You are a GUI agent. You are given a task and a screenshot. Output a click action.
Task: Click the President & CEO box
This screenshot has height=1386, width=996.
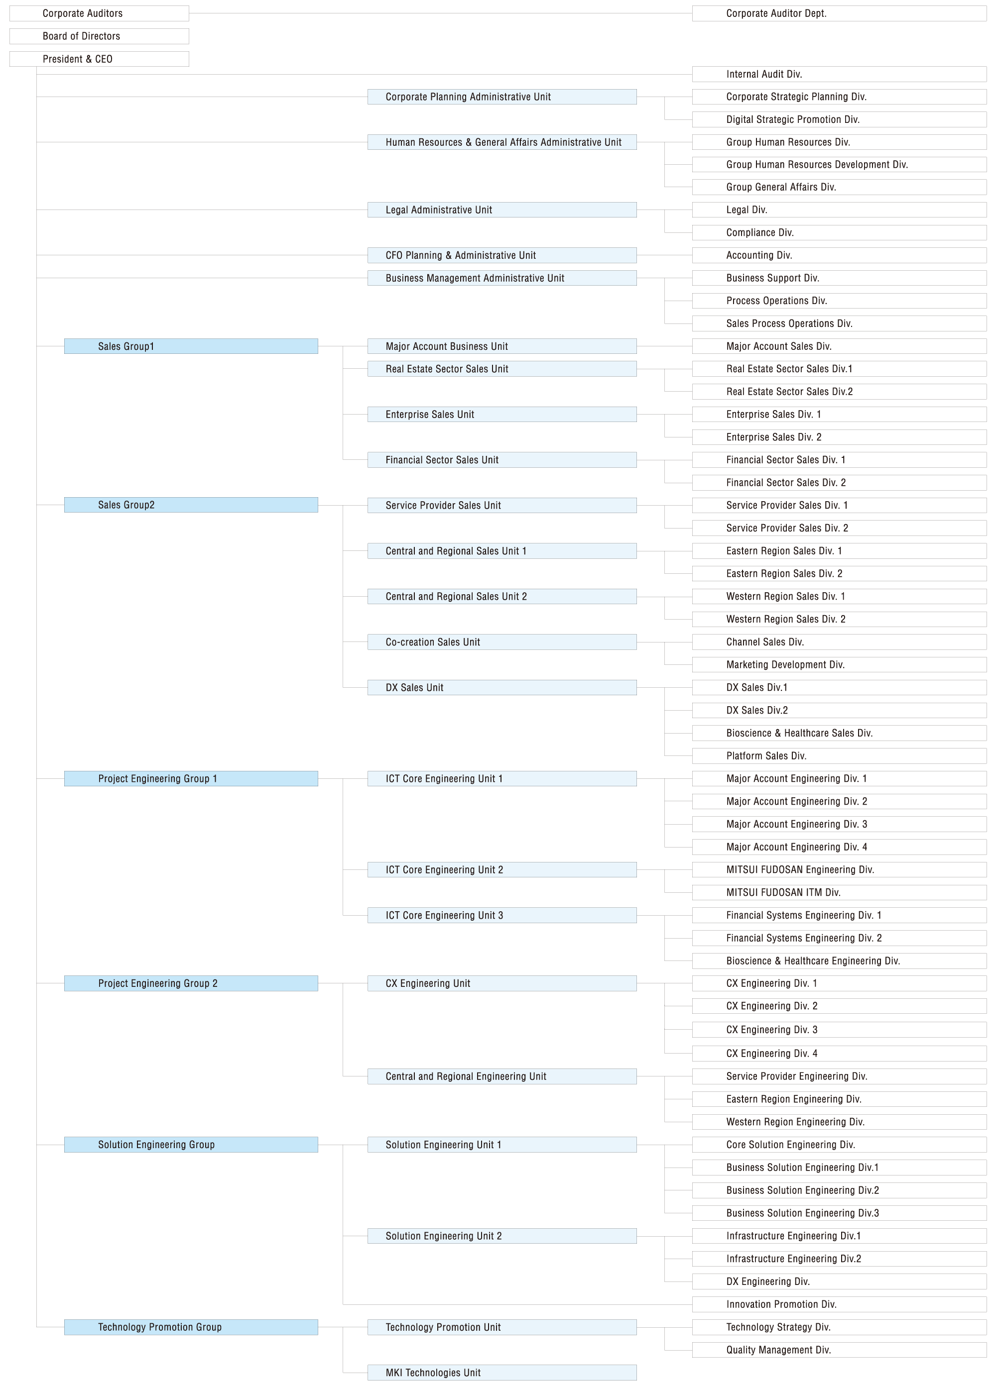99,59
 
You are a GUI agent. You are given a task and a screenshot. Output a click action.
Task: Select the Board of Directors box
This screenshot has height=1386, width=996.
99,36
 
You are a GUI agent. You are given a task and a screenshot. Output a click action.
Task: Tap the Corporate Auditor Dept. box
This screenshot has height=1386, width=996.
839,13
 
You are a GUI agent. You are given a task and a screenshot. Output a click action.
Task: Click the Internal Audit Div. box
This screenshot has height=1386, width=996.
839,74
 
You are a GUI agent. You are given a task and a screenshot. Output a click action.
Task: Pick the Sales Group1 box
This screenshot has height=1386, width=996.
191,346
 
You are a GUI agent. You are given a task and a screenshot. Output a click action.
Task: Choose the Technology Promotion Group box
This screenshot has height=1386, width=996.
191,1327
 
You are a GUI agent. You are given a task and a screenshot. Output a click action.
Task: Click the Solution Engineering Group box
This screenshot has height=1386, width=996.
191,1145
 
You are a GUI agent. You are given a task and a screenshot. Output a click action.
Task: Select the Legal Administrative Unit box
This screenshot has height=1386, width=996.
502,210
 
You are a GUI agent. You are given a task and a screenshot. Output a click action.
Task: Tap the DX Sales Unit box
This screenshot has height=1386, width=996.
502,687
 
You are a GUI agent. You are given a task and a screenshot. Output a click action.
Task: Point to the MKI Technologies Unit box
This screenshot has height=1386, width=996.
502,1373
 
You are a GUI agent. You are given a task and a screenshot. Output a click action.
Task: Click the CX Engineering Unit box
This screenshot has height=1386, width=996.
502,983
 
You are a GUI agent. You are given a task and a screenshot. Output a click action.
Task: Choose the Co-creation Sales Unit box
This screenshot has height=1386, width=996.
502,641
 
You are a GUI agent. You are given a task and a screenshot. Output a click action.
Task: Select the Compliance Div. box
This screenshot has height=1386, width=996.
839,232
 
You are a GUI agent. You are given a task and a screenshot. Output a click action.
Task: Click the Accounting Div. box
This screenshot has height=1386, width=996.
839,255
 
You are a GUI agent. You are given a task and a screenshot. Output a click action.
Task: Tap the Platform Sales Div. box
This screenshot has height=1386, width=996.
839,756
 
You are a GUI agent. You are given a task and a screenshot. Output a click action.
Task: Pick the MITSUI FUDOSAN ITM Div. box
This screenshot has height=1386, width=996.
839,892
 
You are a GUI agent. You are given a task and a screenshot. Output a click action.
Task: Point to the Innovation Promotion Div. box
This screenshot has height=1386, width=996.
839,1304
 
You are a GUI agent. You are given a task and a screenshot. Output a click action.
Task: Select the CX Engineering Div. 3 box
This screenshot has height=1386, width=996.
839,1030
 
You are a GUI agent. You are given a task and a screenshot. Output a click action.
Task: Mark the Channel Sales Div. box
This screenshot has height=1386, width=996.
839,641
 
